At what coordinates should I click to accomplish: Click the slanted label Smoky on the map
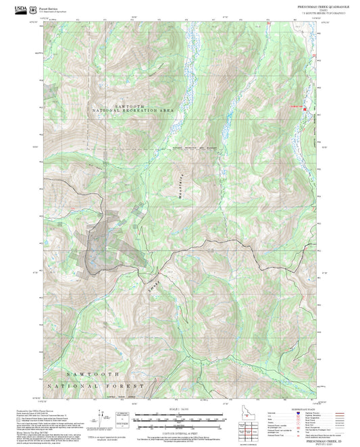coord(153,283)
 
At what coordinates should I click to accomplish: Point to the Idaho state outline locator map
coord(247,411)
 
